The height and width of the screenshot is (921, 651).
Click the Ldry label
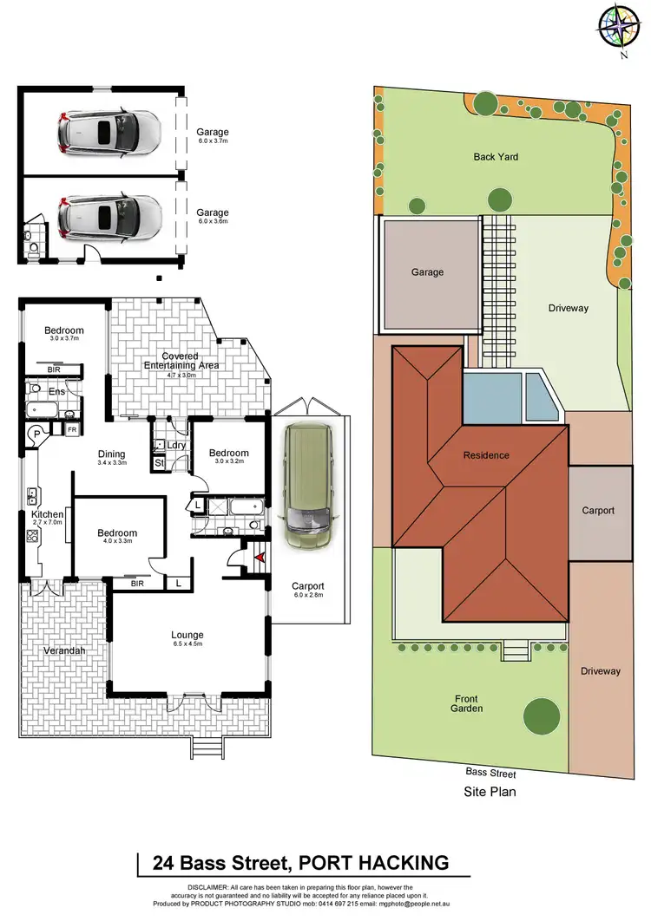177,446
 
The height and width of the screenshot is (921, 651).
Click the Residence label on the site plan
485,455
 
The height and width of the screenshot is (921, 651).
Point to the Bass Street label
490,774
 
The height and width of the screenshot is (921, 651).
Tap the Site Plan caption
490,791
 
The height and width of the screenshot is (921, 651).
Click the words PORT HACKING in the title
373,862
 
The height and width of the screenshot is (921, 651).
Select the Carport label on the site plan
597,511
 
